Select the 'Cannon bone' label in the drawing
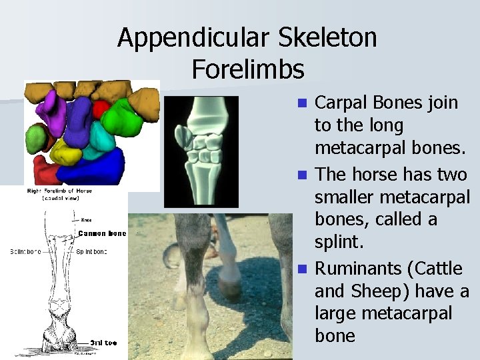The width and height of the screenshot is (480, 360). pyautogui.click(x=101, y=233)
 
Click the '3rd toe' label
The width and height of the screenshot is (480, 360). pyautogui.click(x=103, y=343)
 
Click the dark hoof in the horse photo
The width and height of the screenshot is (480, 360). pyautogui.click(x=230, y=291)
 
